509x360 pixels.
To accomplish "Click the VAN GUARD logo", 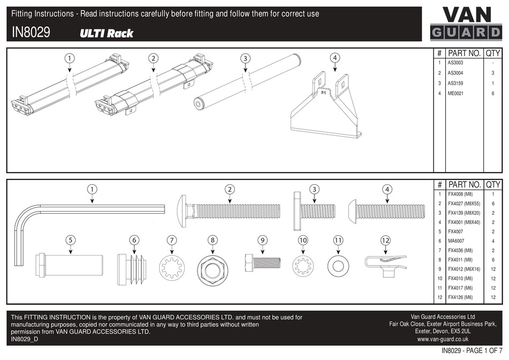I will click(466, 24).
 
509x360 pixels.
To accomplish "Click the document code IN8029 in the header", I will click(31, 33).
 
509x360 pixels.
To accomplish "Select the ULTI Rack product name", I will click(107, 33).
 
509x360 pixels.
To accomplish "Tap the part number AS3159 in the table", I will click(455, 83).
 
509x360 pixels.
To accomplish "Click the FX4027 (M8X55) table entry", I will click(464, 204).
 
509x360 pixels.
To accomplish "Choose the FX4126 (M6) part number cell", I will click(460, 297).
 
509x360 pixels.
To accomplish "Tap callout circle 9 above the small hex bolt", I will click(262, 241).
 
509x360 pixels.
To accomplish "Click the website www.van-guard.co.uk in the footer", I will click(443, 339).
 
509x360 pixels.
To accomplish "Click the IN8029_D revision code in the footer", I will click(25, 339).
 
